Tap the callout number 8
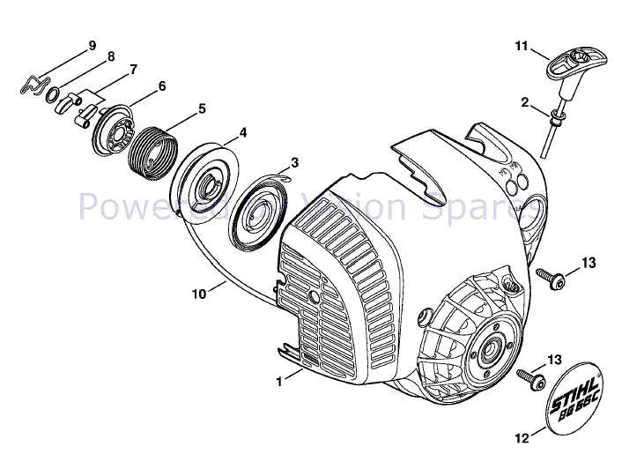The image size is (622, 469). coord(111,56)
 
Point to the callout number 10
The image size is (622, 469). coord(200,294)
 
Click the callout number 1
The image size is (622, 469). coord(278,382)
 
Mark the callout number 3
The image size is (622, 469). coord(294,162)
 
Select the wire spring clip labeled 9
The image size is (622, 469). coord(33,85)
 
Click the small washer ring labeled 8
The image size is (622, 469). coord(52,94)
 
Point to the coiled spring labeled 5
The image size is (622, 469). coord(152,153)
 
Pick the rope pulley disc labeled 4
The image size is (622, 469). coord(207,186)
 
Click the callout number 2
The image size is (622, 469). coord(524,103)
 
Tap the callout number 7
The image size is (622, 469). coord(133,69)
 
